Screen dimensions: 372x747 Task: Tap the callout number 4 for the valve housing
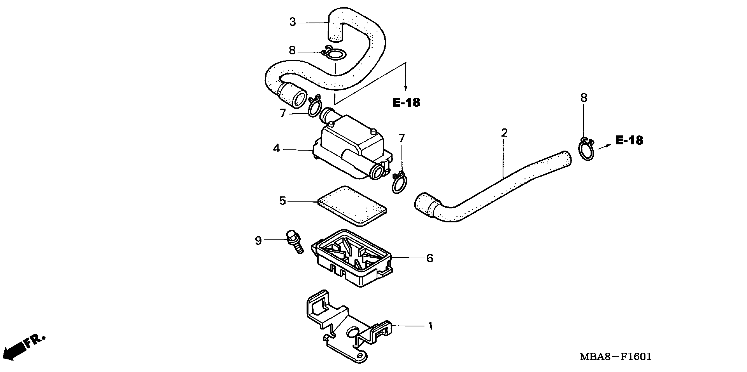[276, 149]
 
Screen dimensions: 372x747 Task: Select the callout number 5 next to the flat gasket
[282, 201]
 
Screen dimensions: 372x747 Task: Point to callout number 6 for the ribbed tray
[430, 258]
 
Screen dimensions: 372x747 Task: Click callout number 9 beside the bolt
[258, 240]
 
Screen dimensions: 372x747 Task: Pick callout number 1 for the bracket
[431, 326]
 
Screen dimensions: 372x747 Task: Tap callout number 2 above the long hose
[505, 133]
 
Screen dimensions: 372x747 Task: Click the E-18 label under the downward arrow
[406, 102]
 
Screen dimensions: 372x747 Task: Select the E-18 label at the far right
[629, 141]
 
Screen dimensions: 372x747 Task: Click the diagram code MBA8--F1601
[615, 357]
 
